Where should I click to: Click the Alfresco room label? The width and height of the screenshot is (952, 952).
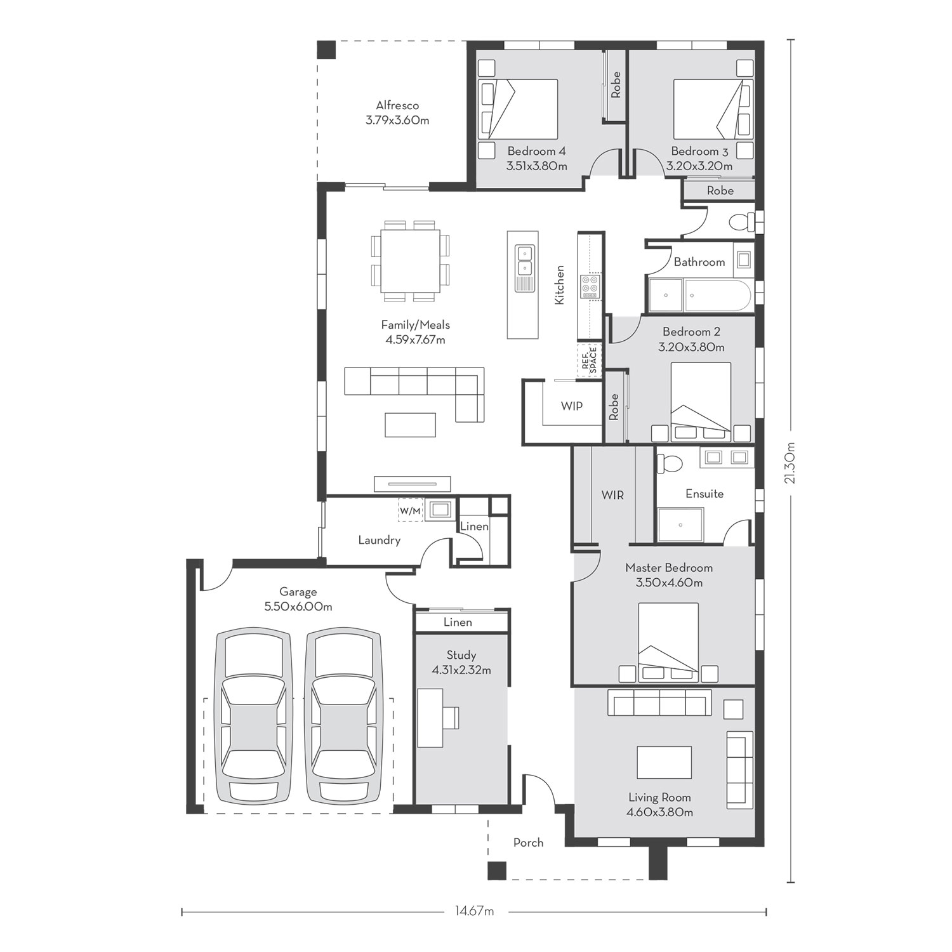[397, 105]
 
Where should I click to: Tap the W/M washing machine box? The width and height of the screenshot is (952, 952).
[410, 510]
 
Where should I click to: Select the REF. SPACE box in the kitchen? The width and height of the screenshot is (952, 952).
[589, 360]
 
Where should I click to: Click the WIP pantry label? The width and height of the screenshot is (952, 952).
[572, 406]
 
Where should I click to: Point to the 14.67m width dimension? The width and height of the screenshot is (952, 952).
[473, 911]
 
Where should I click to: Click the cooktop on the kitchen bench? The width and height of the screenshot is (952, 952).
[590, 286]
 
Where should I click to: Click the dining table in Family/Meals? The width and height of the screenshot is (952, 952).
[411, 261]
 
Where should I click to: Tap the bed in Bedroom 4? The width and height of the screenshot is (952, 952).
[518, 109]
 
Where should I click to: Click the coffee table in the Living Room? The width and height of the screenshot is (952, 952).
[664, 762]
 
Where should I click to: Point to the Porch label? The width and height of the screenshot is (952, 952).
[528, 842]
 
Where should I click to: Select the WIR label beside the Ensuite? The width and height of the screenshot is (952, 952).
[612, 494]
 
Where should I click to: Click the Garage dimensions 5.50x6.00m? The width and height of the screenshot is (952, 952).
[298, 607]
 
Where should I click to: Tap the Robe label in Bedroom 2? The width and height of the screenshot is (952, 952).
[614, 407]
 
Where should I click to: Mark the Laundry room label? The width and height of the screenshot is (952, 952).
[380, 540]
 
